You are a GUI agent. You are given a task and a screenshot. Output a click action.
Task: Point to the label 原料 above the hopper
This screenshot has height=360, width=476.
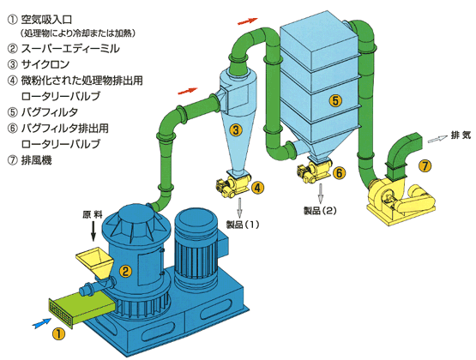[x=92, y=214]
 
